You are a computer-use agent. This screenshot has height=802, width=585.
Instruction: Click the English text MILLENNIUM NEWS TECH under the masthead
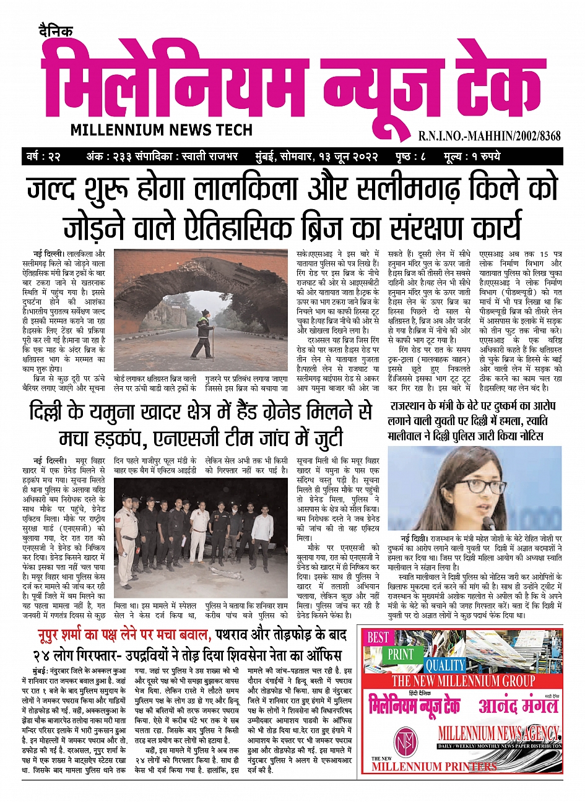coord(162,130)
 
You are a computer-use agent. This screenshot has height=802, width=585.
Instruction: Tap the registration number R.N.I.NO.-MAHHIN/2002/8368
coord(489,136)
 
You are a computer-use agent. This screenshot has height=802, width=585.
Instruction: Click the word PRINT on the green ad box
coord(402,654)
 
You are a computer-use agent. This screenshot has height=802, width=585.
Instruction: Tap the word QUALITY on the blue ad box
coord(444,665)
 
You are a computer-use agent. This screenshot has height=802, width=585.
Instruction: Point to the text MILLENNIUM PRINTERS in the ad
coord(434,766)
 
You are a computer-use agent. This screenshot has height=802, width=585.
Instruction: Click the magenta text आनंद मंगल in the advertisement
coord(517,705)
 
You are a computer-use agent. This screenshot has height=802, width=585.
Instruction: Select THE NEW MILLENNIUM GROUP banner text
coord(463,681)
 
